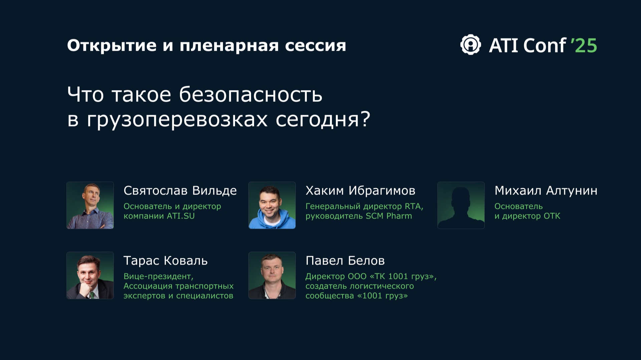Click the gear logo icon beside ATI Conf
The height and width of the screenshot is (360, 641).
click(x=470, y=45)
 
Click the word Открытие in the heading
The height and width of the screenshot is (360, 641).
click(x=112, y=45)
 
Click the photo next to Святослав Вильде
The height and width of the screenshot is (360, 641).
click(x=90, y=205)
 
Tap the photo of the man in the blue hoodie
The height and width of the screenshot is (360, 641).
click(x=272, y=205)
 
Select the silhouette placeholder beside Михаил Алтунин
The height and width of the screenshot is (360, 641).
click(x=461, y=205)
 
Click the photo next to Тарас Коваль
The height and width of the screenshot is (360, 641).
click(x=90, y=275)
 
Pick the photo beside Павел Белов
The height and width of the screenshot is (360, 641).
click(x=272, y=275)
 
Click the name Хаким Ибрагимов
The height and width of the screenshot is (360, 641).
click(x=360, y=191)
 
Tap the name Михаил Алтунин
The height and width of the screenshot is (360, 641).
click(x=546, y=191)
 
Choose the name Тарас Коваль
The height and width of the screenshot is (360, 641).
click(x=166, y=261)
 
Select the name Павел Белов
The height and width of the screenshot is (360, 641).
click(x=345, y=261)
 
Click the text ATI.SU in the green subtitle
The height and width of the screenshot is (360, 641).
click(x=181, y=216)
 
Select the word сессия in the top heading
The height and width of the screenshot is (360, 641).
click(x=315, y=45)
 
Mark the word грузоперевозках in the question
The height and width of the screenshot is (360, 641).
click(x=177, y=119)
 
